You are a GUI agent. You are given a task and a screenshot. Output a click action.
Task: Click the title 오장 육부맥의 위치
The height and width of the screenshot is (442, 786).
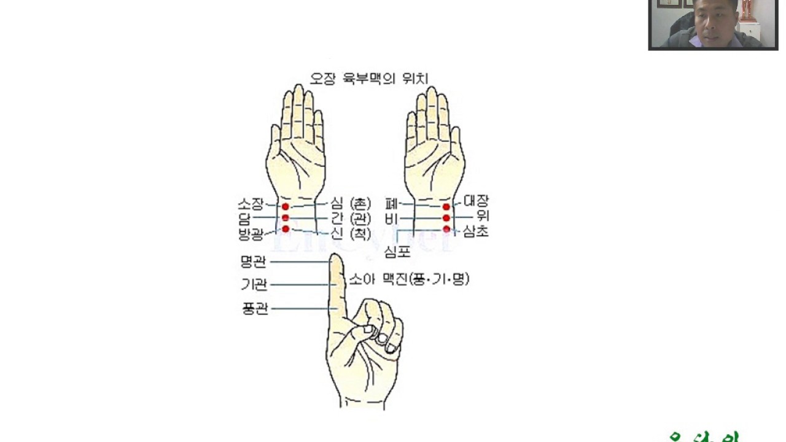click(x=368, y=79)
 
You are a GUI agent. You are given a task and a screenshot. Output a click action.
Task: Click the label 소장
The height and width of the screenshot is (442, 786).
click(x=251, y=204)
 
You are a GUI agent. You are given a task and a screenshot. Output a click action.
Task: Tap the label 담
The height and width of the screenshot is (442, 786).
click(x=246, y=218)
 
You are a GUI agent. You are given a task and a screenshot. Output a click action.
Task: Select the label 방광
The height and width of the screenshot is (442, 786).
click(x=252, y=234)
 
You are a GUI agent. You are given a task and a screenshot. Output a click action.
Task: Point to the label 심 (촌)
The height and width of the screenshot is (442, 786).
click(x=351, y=203)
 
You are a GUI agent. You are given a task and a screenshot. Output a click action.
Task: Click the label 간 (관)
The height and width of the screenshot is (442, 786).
click(x=351, y=218)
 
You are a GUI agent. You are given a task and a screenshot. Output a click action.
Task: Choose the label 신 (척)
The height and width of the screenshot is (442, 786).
click(x=351, y=233)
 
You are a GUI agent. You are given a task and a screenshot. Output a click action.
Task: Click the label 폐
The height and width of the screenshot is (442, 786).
click(x=391, y=203)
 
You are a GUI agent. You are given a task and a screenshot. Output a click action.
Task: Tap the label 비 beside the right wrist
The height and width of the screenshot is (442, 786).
click(x=391, y=219)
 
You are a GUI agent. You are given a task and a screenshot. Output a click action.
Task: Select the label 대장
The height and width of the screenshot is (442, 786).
click(x=476, y=201)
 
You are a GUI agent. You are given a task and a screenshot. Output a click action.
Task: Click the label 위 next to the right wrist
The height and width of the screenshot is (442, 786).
click(x=482, y=216)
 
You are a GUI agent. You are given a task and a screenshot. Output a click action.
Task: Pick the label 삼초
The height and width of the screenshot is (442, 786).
click(x=476, y=232)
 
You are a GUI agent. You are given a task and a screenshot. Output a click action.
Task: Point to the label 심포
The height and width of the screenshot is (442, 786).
click(x=397, y=251)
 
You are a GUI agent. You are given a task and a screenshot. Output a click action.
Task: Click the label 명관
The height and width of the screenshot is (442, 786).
click(x=254, y=262)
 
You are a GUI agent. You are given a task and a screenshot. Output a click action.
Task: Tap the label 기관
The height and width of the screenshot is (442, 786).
click(x=254, y=285)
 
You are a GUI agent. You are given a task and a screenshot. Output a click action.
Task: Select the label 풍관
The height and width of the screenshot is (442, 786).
click(x=255, y=308)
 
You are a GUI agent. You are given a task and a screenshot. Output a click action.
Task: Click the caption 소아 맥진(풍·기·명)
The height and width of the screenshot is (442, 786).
click(x=409, y=279)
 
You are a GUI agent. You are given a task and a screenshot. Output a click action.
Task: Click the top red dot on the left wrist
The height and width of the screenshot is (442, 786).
click(x=286, y=207)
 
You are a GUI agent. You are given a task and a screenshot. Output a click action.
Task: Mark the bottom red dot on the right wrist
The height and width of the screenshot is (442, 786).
click(x=446, y=229)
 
